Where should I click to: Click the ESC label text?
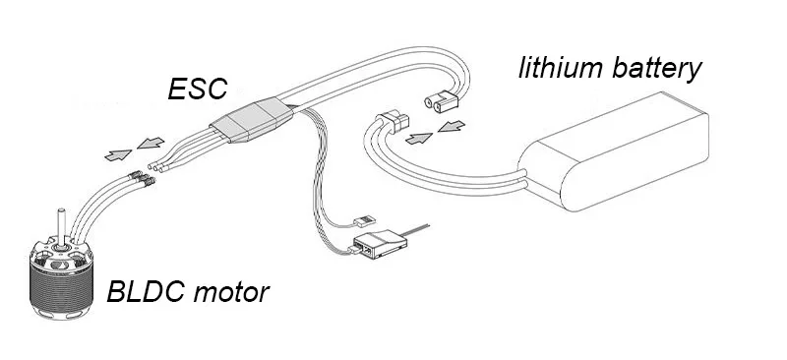198,89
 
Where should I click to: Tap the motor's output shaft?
61,228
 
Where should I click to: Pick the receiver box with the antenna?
380,243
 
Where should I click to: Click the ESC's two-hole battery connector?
441,101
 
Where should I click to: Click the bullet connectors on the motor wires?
141,179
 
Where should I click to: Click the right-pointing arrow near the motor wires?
118,154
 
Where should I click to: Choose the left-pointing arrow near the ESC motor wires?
151,143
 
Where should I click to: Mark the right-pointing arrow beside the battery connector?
419,138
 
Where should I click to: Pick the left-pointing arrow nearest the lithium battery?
452,126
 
